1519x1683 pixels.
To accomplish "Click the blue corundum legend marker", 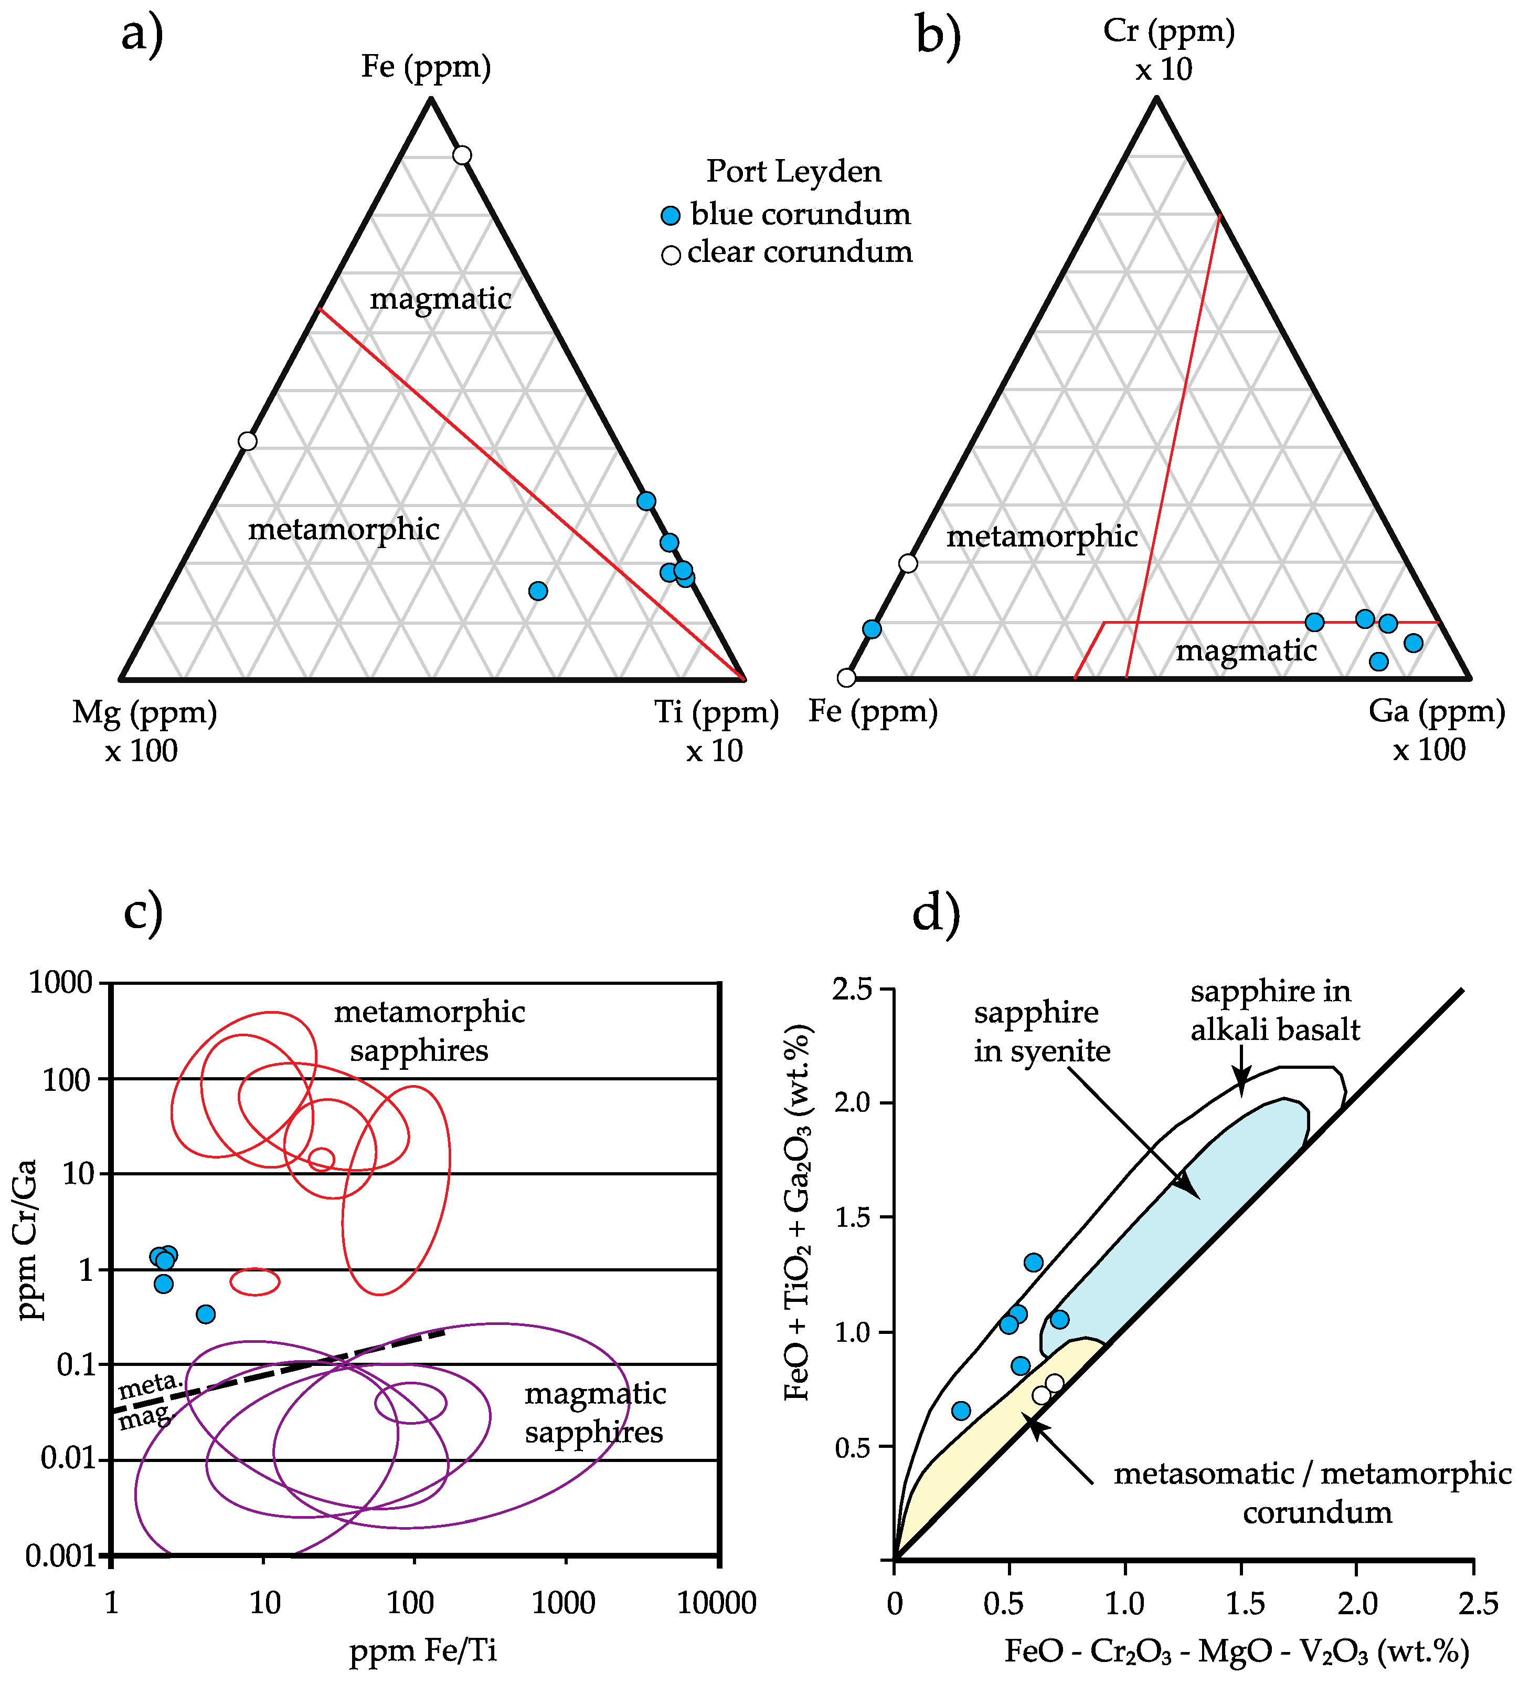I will [670, 215].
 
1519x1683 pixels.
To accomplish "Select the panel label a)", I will [142, 35].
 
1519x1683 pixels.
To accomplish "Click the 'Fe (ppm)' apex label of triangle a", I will [426, 67].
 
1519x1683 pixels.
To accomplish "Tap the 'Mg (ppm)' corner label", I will [144, 713].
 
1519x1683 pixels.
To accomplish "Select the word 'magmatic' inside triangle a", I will [441, 299].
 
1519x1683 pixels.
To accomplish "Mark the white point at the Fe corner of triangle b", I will [846, 677].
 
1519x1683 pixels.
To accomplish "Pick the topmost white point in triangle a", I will [462, 155].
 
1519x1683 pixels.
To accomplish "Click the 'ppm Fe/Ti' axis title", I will [423, 1650].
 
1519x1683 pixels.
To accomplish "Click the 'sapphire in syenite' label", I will [1042, 1032].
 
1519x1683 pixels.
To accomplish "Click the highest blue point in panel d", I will [1033, 1262].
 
